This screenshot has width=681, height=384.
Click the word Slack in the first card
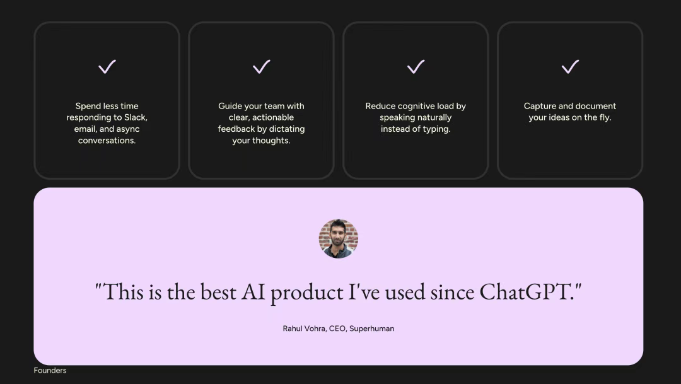coord(136,118)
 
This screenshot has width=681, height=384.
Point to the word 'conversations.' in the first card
coord(107,141)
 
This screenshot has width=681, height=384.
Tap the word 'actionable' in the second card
coord(273,118)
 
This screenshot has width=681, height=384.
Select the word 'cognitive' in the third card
coord(415,107)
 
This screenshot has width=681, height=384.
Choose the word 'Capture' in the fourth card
coord(538,107)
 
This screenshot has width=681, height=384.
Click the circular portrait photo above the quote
coord(339,238)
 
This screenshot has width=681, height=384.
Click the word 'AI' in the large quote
coord(253,291)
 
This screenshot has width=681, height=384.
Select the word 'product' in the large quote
coord(306,293)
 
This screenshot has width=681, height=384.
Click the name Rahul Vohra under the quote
coord(304,329)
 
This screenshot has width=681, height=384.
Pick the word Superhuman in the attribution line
coord(372,329)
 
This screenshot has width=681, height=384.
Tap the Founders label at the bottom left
coord(50,371)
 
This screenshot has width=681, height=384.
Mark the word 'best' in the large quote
coord(218,291)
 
